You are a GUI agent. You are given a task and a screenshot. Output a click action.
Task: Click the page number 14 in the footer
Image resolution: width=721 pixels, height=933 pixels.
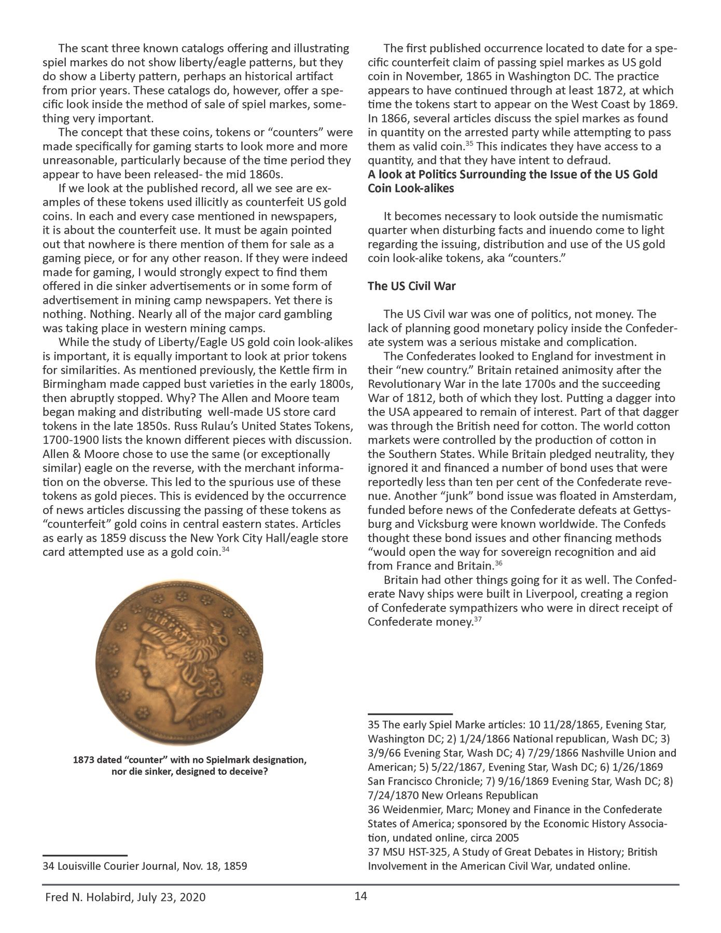click(360, 896)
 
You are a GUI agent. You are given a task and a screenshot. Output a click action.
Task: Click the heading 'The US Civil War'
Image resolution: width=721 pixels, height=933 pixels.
click(411, 286)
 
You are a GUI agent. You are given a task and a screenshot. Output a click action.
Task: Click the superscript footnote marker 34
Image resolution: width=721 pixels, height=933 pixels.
click(225, 549)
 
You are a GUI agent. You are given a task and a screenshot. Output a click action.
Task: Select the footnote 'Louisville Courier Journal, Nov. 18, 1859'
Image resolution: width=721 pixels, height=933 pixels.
click(145, 866)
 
